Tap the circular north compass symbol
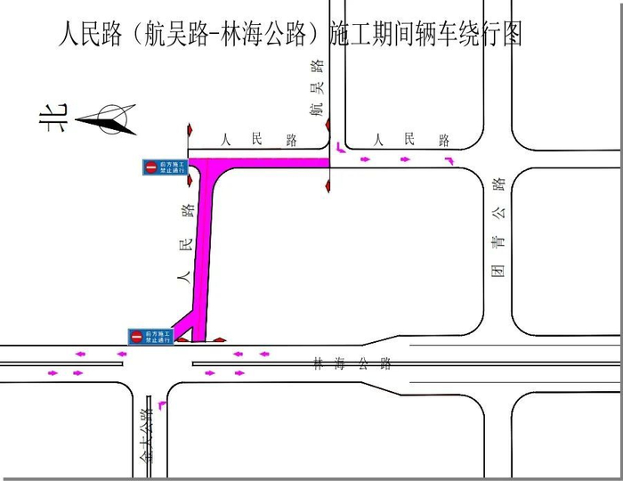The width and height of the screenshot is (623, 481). click(x=113, y=120)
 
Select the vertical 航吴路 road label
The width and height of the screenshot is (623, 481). click(x=316, y=89)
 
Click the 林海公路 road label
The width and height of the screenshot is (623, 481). click(x=352, y=363)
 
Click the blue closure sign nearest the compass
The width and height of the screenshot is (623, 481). click(x=165, y=167)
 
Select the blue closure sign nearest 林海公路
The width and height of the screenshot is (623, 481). click(x=150, y=336)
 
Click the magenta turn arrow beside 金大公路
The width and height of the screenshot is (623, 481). click(x=161, y=405)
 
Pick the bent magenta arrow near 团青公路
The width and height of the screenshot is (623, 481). click(x=449, y=161)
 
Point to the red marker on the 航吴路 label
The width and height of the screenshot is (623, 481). click(x=328, y=125)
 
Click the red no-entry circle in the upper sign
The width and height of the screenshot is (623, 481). click(x=151, y=167)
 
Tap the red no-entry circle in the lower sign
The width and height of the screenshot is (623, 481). click(x=136, y=336)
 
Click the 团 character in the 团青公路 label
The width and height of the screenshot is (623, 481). click(x=499, y=270)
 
